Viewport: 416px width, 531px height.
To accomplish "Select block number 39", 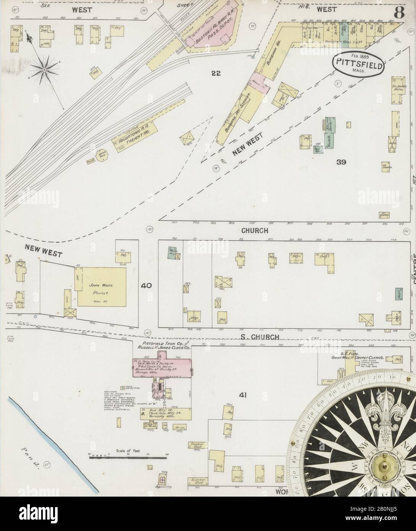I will click(341, 162).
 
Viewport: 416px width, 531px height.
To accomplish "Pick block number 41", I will click(242, 395).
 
